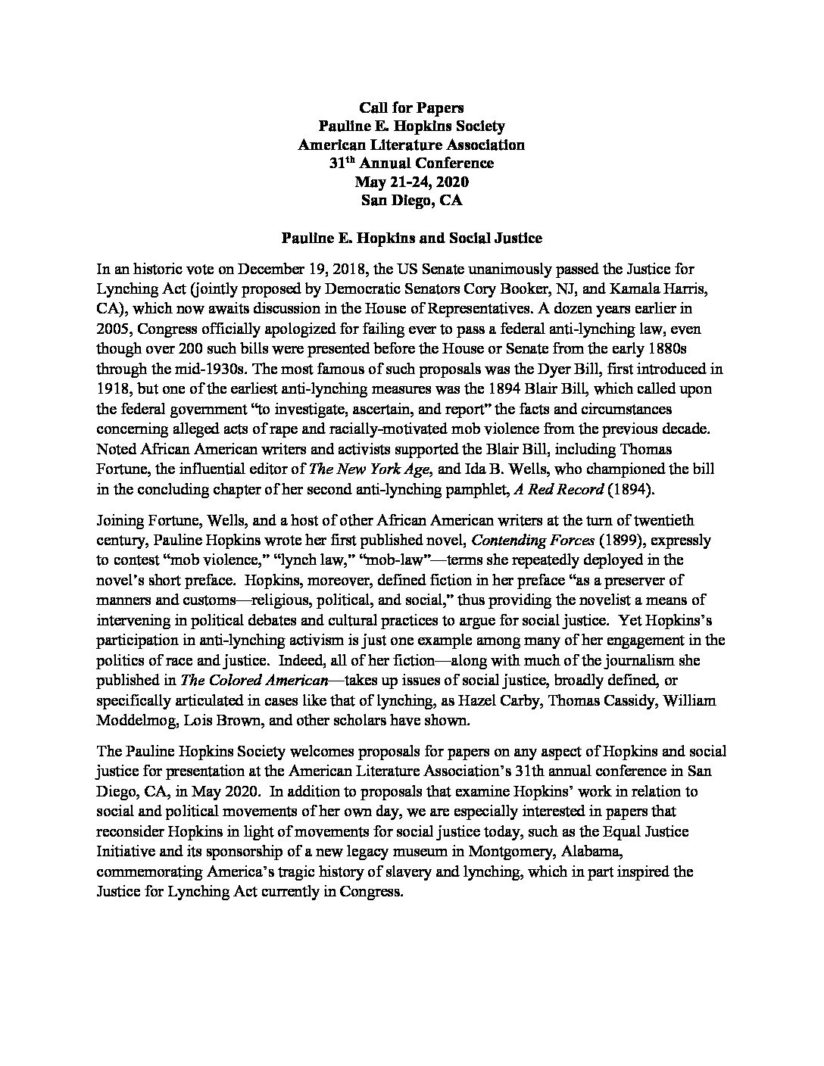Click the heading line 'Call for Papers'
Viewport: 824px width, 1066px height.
point(411,108)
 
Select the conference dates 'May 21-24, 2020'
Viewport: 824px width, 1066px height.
point(411,182)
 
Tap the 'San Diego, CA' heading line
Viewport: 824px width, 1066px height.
point(411,201)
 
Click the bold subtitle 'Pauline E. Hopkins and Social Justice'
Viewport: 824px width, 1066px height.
point(411,238)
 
